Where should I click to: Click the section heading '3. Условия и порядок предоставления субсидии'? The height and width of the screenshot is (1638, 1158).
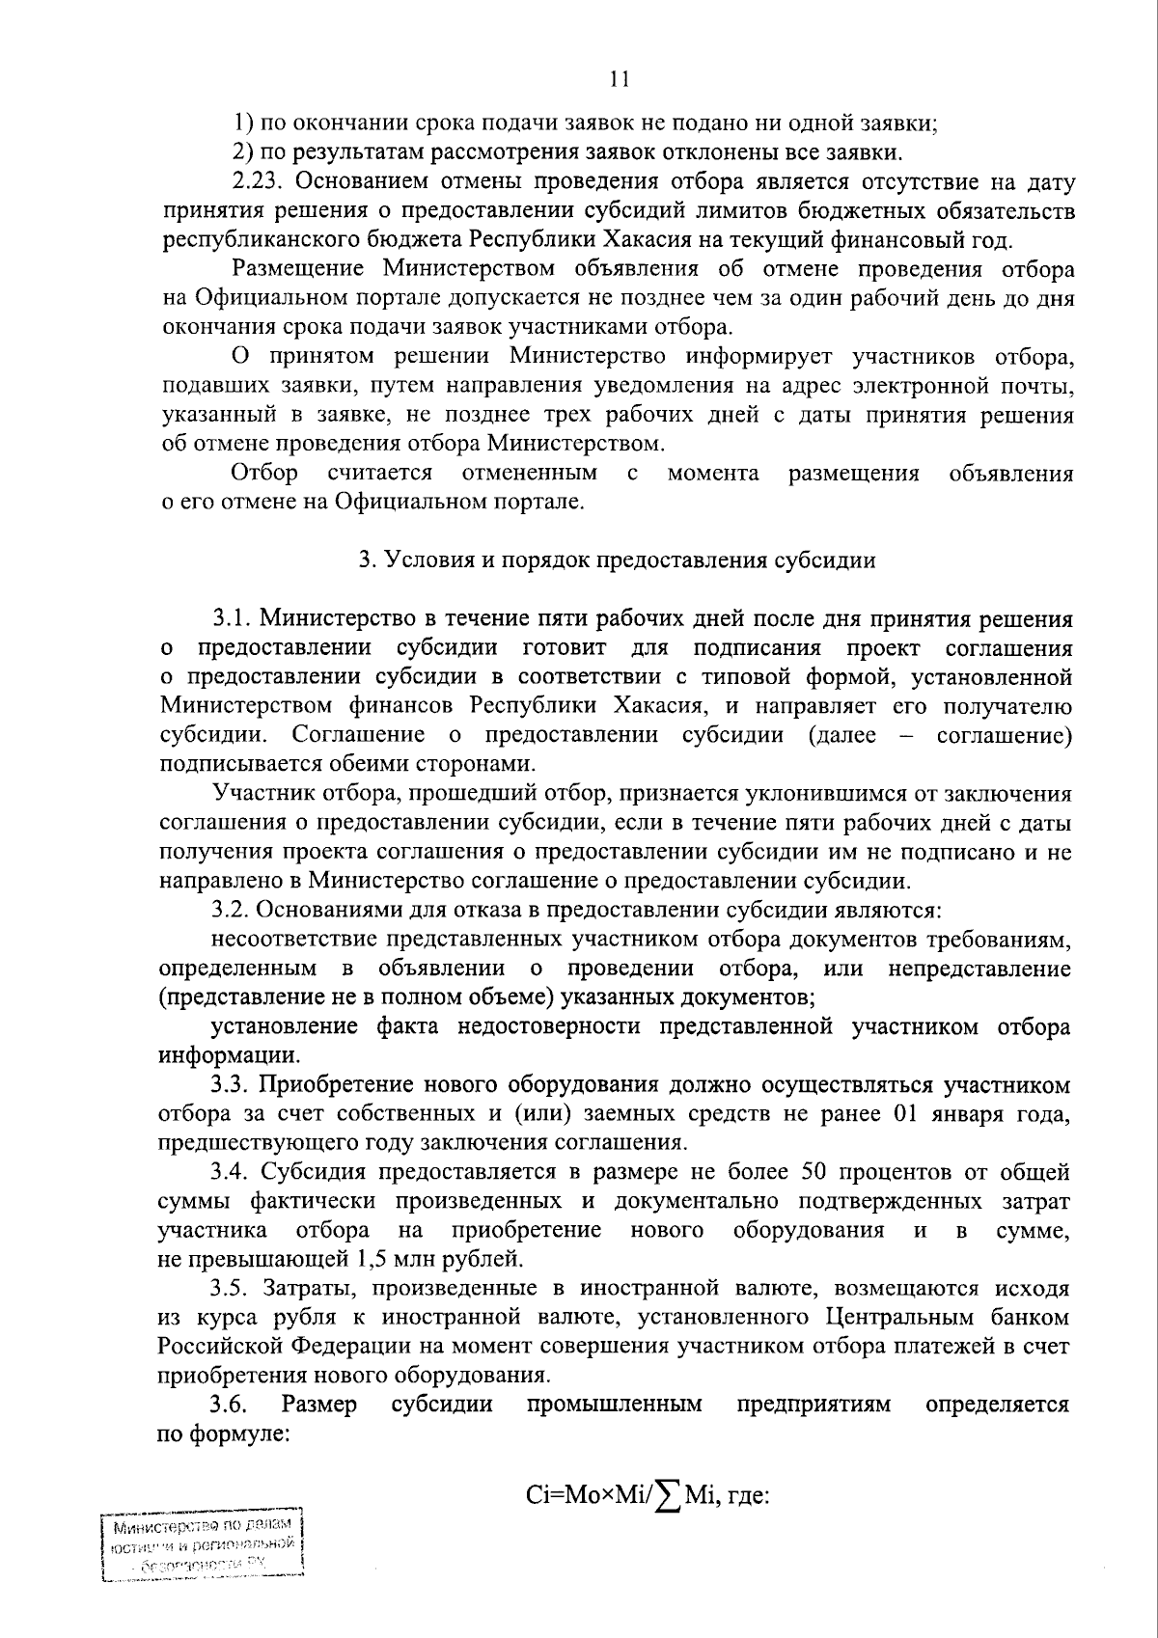click(x=617, y=560)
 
